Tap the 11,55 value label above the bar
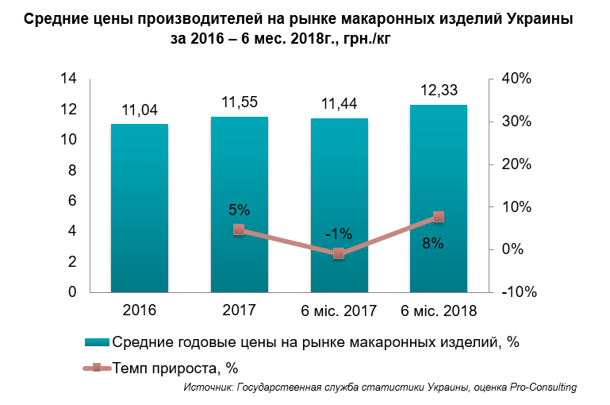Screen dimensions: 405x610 240,102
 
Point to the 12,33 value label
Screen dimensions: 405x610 439,90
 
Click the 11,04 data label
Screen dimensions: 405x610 140,110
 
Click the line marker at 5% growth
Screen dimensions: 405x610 239,229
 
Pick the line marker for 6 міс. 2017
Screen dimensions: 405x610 339,253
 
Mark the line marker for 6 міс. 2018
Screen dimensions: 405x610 439,217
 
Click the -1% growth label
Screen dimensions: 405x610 339,234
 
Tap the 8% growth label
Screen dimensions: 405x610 432,244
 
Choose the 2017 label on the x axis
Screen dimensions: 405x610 239,310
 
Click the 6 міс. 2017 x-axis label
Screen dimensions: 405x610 339,310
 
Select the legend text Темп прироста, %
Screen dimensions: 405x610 175,368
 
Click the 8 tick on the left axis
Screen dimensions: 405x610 72,170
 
